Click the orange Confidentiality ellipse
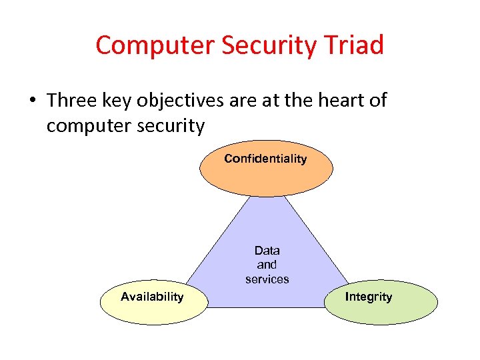pyautogui.click(x=265, y=175)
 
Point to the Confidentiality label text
pyautogui.click(x=265, y=159)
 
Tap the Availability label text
pyautogui.click(x=152, y=297)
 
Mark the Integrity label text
pyautogui.click(x=369, y=297)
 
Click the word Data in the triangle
pyautogui.click(x=267, y=251)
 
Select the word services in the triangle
pyautogui.click(x=267, y=279)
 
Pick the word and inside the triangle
pyautogui.click(x=267, y=265)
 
